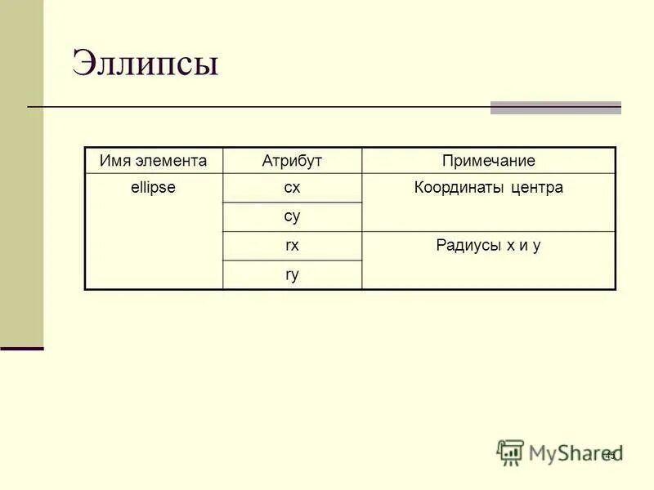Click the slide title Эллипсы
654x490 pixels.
point(146,64)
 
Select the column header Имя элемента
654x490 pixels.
point(153,161)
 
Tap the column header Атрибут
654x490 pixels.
point(292,161)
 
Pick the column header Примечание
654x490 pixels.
point(488,161)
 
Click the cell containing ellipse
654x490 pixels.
point(153,188)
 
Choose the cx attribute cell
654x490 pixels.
point(292,188)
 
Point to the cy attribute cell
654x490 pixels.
point(292,216)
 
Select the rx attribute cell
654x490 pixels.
point(292,245)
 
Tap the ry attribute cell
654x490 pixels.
point(292,274)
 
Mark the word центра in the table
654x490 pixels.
point(536,188)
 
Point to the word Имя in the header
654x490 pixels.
point(113,161)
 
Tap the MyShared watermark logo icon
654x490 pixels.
point(510,452)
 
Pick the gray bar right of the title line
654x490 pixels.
point(555,108)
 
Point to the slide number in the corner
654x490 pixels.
point(610,454)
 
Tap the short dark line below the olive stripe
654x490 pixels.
point(21,349)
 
